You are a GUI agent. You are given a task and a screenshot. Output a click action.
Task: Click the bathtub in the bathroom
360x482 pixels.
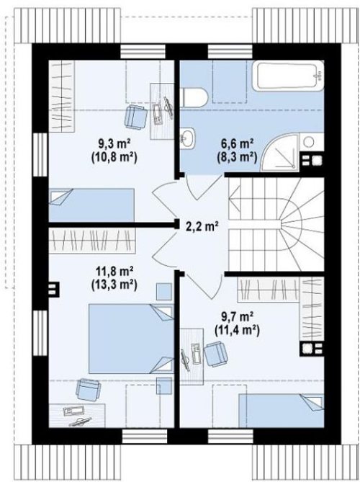click(x=288, y=76)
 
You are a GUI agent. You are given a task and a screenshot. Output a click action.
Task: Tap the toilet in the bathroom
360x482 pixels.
click(x=194, y=97)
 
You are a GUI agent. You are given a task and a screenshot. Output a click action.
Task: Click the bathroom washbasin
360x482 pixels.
click(x=188, y=138)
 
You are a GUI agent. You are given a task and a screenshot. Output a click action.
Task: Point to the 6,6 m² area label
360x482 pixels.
click(x=237, y=143)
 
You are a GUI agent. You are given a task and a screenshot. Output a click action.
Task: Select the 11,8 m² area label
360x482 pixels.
click(x=114, y=272)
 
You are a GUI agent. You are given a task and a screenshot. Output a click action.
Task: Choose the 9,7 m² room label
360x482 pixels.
click(x=237, y=316)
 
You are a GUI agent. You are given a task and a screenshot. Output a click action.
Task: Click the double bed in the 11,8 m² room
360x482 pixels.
click(x=131, y=339)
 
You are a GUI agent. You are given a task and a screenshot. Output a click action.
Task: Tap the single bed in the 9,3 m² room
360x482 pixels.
click(x=91, y=205)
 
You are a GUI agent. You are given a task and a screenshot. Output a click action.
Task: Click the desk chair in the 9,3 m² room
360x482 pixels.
click(x=135, y=116)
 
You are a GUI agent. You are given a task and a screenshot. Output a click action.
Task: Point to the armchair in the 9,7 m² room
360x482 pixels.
click(x=215, y=354)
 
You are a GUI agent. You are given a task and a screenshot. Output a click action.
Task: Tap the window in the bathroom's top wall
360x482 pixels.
click(x=230, y=51)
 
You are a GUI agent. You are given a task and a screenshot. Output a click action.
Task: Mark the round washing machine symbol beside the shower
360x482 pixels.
click(x=309, y=142)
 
